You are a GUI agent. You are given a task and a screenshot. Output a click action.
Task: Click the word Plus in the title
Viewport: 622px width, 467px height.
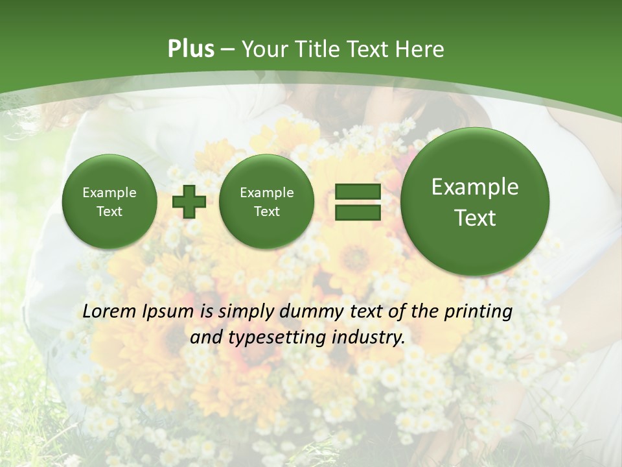pos(190,49)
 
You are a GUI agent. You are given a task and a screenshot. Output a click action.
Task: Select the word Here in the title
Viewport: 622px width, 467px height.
pos(422,49)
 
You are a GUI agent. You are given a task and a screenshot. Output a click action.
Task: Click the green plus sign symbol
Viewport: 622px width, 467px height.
pos(189,202)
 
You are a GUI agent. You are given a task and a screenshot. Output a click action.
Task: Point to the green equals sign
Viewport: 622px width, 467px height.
pos(357,202)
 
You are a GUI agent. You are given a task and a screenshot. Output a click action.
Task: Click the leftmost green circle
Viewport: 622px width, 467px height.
pos(109,202)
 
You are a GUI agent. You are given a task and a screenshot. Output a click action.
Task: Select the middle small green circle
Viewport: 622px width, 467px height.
pos(266,202)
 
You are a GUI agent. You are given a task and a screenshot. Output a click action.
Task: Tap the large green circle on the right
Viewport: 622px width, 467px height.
pos(475,202)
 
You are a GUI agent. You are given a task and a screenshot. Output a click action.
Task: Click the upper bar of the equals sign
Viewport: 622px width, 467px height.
pos(357,192)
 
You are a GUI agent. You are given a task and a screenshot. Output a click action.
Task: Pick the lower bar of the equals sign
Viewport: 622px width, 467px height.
pos(357,213)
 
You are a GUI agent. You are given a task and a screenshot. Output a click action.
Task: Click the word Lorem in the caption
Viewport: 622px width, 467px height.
pos(109,311)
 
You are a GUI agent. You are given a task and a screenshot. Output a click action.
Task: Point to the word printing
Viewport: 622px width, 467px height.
pos(478,312)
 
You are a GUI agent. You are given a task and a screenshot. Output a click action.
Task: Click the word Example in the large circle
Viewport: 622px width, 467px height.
pos(475,187)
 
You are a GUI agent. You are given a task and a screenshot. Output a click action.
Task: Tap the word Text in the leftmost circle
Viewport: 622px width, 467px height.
pos(109,211)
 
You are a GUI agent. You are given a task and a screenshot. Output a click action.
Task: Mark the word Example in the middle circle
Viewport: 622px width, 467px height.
pos(266,193)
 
